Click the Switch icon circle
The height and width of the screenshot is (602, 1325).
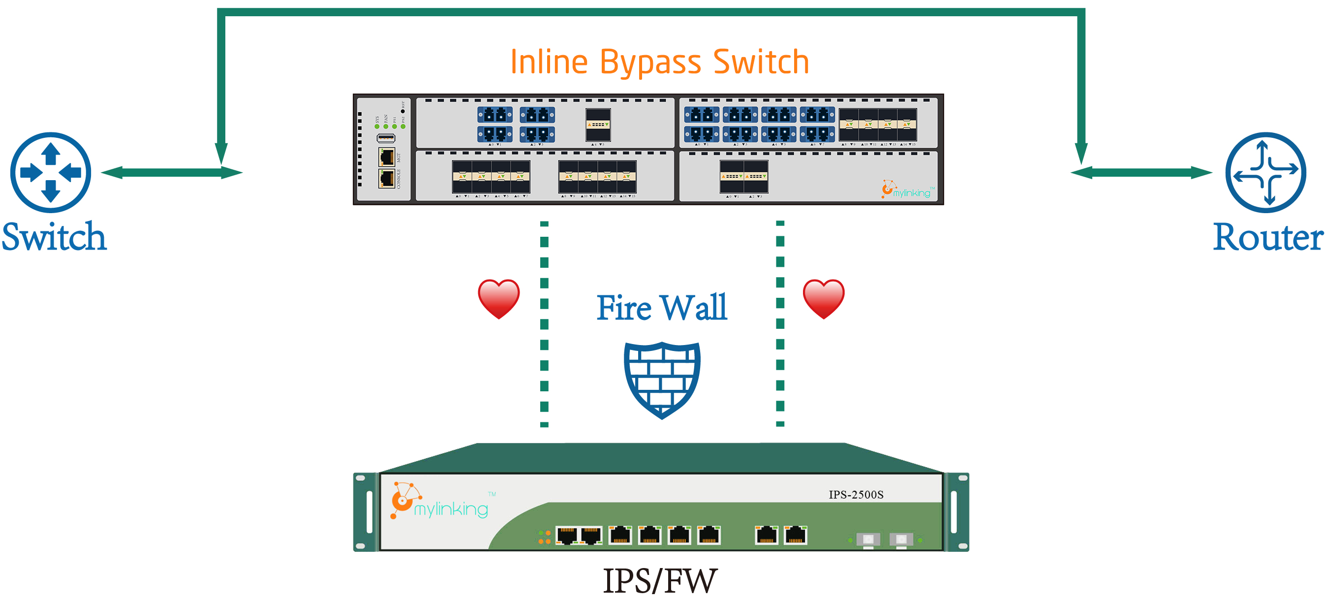coord(50,172)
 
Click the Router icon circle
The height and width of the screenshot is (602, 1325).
coord(1265,172)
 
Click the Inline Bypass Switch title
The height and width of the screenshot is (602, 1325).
coord(659,62)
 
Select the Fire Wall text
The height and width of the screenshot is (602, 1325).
coord(661,308)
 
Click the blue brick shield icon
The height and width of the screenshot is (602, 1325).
coord(662,380)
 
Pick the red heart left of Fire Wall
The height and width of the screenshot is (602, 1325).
coord(498,298)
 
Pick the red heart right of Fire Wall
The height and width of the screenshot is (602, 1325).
coord(824,298)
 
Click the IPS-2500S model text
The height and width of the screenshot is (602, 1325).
coord(856,495)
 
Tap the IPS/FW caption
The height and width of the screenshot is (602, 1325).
coord(659,580)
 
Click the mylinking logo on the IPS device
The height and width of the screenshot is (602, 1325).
coord(440,502)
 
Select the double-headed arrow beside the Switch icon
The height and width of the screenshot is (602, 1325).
coord(171,172)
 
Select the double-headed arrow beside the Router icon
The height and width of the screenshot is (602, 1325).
coord(1141,172)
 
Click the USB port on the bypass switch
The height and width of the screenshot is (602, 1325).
coord(386,138)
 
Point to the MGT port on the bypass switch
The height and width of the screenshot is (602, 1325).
coord(387,157)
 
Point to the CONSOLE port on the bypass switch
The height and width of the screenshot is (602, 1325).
coord(387,179)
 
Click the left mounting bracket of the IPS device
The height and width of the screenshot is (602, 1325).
coord(366,512)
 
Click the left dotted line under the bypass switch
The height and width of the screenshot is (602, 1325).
coord(544,324)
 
